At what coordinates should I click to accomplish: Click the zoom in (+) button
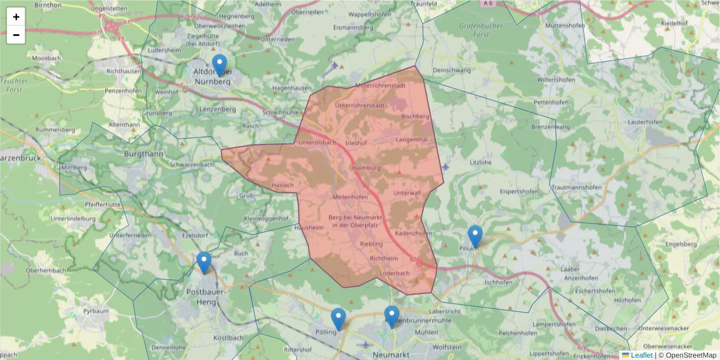[16, 17]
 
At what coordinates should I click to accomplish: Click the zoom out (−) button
[16, 35]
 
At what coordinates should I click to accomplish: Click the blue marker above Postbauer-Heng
[204, 263]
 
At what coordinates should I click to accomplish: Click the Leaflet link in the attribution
[641, 355]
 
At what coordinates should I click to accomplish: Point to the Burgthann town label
[143, 154]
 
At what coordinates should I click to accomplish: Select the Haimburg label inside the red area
[367, 167]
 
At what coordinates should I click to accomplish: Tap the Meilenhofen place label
[350, 197]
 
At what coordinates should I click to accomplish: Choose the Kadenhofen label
[413, 233]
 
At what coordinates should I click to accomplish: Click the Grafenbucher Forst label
[482, 30]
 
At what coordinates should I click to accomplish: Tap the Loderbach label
[394, 273]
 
